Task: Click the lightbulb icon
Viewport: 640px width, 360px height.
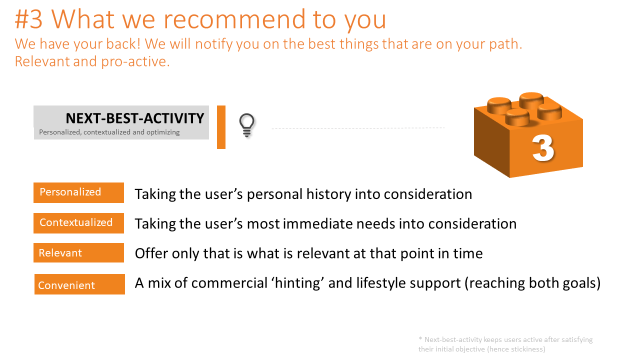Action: [x=247, y=125]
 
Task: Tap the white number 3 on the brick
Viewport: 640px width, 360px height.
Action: [x=543, y=148]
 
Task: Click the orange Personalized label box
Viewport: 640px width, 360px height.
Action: [x=78, y=192]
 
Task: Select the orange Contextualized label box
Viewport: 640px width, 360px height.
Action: [x=78, y=223]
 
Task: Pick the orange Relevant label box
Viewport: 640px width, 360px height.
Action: [x=78, y=253]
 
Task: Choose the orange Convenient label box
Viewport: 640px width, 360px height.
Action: [x=79, y=284]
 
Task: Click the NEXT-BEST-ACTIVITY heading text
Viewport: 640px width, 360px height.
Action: [x=135, y=118]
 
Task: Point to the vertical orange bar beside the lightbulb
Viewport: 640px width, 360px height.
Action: [x=221, y=127]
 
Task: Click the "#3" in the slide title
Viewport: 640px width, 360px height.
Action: [x=29, y=19]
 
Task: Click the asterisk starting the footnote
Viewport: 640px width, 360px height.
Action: [x=420, y=339]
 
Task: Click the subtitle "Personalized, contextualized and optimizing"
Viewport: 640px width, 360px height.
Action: [x=109, y=132]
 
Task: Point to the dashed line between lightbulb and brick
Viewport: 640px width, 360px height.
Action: [x=358, y=128]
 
